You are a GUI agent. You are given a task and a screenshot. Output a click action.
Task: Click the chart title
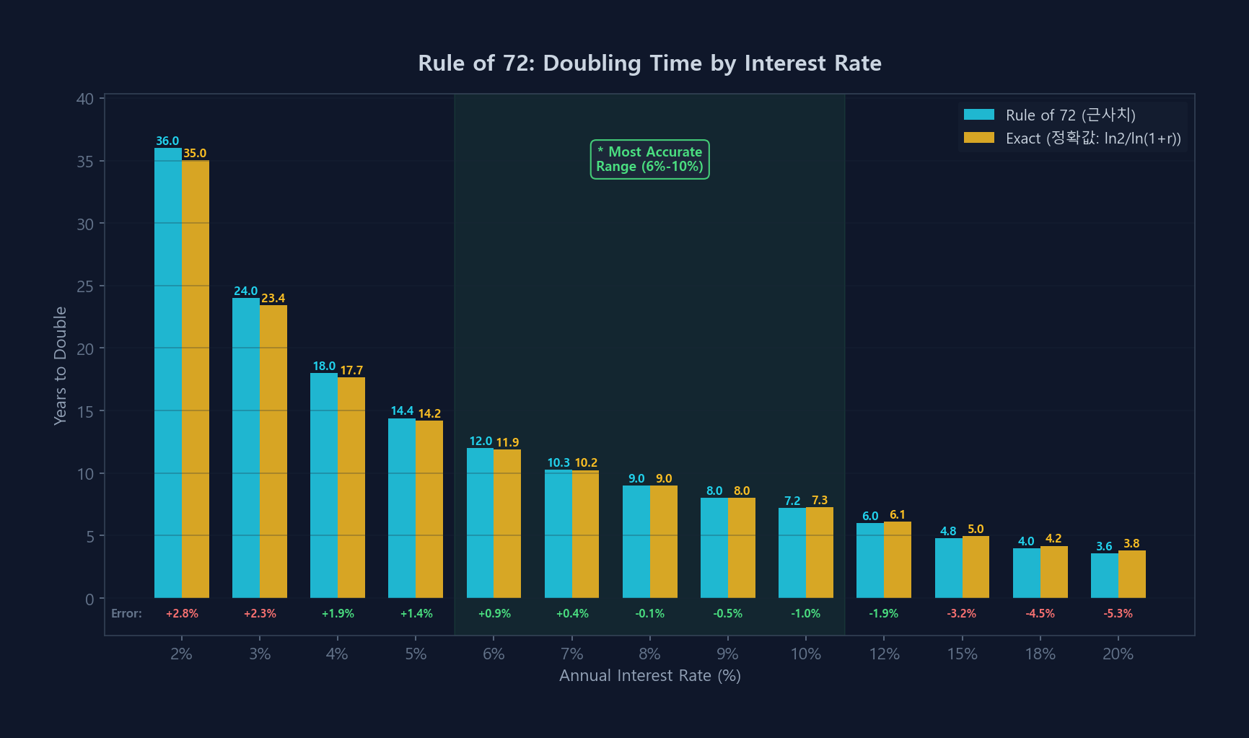(x=649, y=63)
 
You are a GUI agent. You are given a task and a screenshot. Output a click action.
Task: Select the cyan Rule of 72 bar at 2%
(x=168, y=373)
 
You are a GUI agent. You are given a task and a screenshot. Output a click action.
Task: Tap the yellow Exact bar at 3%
(x=273, y=452)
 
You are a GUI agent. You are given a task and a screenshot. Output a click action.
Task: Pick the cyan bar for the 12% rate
(x=870, y=561)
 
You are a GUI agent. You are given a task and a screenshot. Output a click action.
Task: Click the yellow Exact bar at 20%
(x=1132, y=574)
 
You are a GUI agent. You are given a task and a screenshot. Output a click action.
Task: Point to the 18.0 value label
(x=324, y=366)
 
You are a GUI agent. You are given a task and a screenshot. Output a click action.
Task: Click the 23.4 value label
(x=273, y=298)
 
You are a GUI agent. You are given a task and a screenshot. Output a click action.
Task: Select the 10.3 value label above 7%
(x=558, y=462)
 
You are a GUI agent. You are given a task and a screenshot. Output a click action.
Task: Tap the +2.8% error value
(x=182, y=613)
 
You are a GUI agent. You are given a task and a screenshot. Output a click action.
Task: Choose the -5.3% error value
(x=1118, y=613)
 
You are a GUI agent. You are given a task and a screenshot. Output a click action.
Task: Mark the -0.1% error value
(x=650, y=613)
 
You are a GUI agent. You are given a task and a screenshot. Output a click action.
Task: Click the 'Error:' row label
(x=126, y=613)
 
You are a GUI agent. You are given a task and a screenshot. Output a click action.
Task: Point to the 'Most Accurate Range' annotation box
(x=650, y=159)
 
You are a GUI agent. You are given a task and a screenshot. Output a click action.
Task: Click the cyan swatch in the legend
(x=979, y=115)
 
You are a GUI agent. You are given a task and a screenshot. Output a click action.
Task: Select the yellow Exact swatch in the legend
(x=979, y=138)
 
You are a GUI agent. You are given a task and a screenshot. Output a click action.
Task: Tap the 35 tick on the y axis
(x=85, y=162)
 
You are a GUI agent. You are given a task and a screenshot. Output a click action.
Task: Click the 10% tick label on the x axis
(x=806, y=654)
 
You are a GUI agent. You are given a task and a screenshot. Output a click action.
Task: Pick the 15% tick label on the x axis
(x=963, y=654)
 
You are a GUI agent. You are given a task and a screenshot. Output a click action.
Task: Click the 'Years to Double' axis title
(x=61, y=366)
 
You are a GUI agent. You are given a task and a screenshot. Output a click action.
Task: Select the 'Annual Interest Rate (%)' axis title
(x=650, y=676)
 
